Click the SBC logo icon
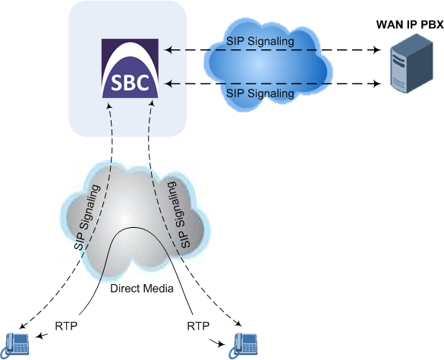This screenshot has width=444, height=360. (x=130, y=68)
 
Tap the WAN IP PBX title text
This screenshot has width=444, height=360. (x=410, y=24)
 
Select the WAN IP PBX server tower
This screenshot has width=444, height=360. (x=411, y=63)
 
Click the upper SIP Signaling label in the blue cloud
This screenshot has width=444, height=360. (x=260, y=41)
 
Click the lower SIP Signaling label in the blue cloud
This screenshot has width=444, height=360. (x=260, y=93)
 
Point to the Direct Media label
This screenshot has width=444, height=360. (x=142, y=289)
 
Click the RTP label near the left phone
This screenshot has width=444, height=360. (x=66, y=326)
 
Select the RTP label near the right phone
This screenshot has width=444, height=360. (x=198, y=326)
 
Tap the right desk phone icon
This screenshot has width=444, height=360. (x=243, y=345)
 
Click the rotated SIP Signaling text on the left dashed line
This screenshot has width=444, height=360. (x=87, y=217)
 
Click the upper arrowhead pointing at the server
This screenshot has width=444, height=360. (x=377, y=50)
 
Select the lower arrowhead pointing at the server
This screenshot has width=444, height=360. (x=377, y=84)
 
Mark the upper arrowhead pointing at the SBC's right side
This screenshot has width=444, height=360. (x=168, y=50)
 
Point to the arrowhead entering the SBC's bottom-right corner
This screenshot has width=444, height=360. (x=152, y=105)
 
